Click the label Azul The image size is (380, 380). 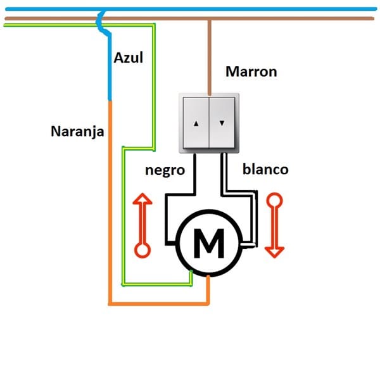[128, 58]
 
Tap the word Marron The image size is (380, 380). [251, 72]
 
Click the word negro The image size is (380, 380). [165, 170]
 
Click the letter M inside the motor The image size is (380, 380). [208, 243]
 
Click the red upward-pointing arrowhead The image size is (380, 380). [143, 201]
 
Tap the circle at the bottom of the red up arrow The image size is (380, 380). [143, 250]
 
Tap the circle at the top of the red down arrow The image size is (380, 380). [274, 201]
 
